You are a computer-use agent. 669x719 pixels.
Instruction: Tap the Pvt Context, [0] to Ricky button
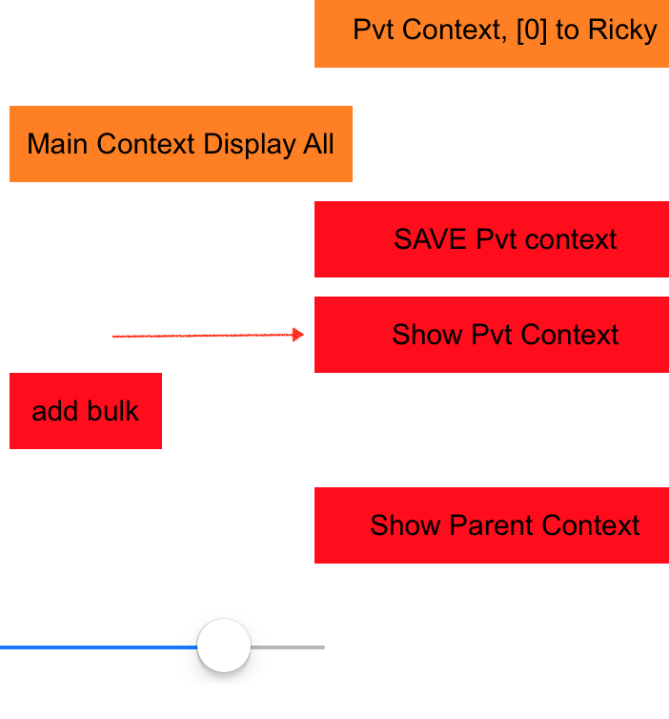(x=492, y=33)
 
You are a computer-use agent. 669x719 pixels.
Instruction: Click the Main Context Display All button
(x=181, y=144)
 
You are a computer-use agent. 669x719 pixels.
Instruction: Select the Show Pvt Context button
(x=492, y=335)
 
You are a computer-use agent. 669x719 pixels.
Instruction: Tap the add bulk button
(x=86, y=411)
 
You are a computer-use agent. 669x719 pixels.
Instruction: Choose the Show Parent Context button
(x=492, y=525)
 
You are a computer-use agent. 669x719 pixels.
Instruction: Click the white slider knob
(x=224, y=646)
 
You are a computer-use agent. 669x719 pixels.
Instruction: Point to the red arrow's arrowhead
(x=298, y=335)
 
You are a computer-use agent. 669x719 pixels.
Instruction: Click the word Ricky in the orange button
(x=622, y=31)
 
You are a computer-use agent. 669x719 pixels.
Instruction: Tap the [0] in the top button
(x=532, y=31)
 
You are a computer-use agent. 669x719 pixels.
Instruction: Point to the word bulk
(x=112, y=411)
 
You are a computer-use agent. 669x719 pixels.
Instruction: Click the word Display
(x=250, y=145)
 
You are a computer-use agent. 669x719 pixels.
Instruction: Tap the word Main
(x=57, y=144)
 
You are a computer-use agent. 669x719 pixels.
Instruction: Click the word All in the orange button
(x=318, y=144)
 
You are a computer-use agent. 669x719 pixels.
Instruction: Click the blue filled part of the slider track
(x=98, y=647)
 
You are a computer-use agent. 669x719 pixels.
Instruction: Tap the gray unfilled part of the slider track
(x=288, y=647)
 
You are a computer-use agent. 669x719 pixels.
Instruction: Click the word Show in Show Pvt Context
(x=427, y=335)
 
